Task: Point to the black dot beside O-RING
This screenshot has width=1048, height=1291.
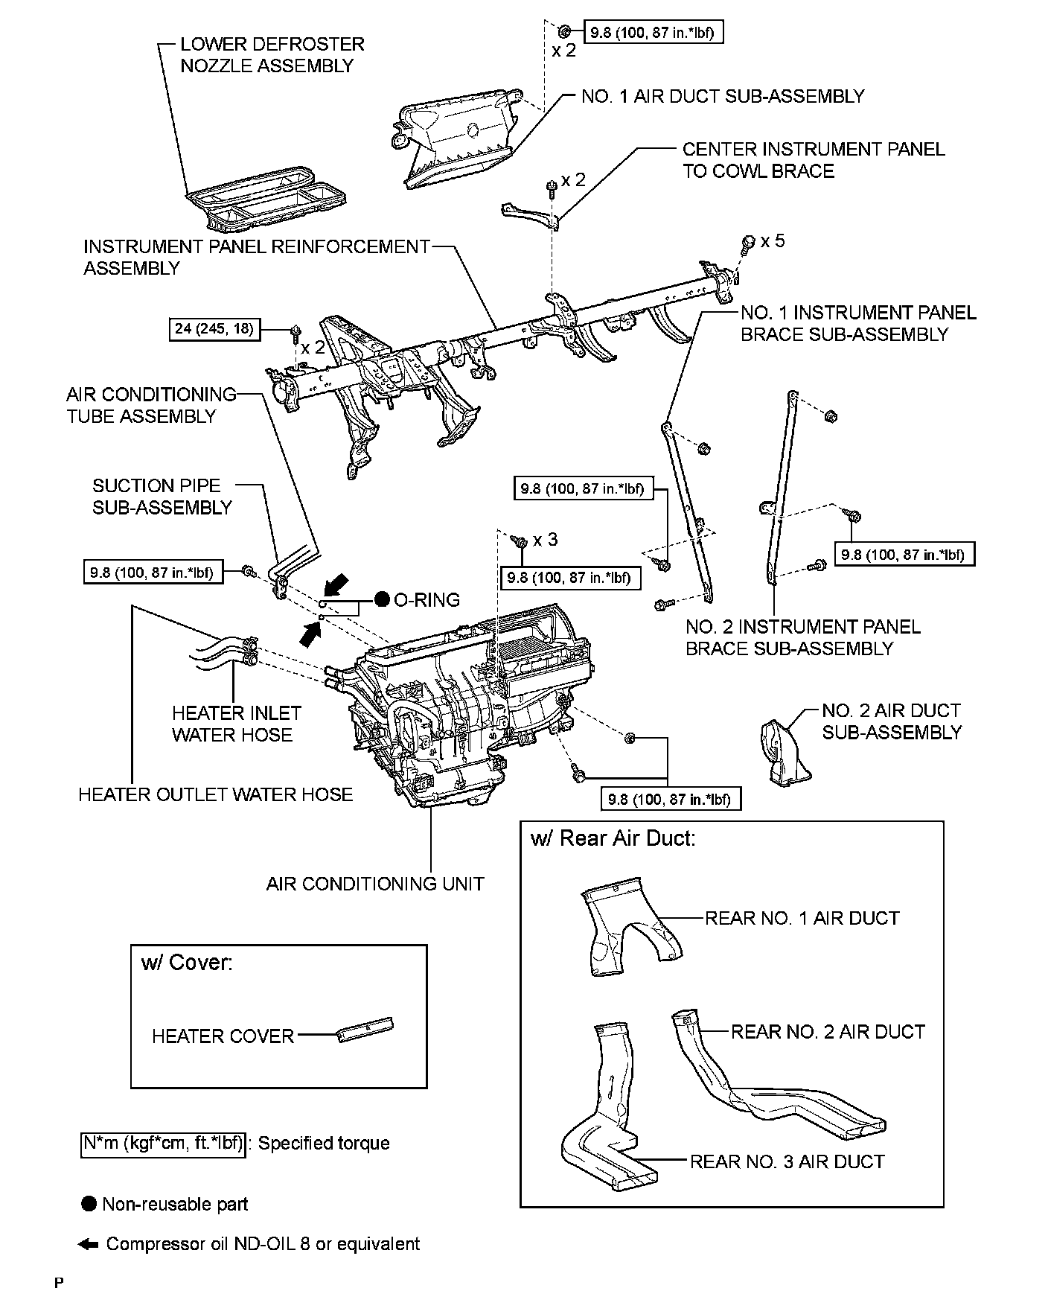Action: point(383,599)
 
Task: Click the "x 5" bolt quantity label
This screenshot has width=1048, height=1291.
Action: point(773,241)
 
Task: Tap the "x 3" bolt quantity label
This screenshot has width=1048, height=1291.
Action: point(545,540)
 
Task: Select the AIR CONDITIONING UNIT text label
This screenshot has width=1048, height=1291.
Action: point(375,884)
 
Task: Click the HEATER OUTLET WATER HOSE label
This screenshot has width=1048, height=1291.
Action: point(216,794)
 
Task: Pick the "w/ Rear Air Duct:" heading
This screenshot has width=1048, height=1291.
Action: point(613,838)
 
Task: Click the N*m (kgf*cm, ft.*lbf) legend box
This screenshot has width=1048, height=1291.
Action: point(162,1144)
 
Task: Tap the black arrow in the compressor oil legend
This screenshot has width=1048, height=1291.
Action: point(88,1244)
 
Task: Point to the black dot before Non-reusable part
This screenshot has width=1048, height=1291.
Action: point(89,1204)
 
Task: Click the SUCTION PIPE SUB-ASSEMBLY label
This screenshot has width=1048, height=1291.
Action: point(162,497)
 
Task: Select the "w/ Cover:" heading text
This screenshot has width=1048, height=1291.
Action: point(187,963)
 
